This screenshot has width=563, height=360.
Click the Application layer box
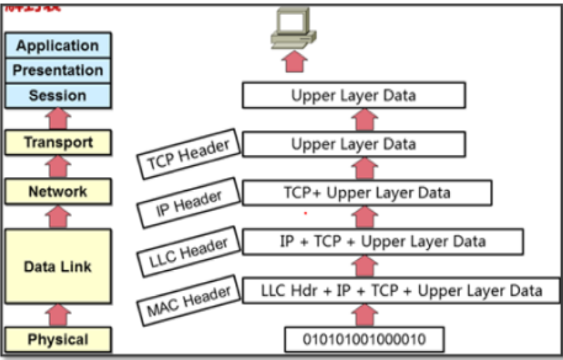pos(58,46)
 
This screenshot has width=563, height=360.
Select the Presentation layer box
pos(58,70)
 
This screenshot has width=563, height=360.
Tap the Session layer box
pos(58,95)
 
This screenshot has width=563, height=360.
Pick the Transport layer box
pos(58,142)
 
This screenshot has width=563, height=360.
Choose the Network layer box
pos(58,191)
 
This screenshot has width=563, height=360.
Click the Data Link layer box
pos(58,266)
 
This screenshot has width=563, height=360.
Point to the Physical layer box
pos(58,339)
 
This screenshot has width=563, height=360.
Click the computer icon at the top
pos(293,28)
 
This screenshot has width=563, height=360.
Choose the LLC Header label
pos(188,251)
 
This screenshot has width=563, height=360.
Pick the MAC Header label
pos(188,300)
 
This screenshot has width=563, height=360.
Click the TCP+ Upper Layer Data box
pos(367,193)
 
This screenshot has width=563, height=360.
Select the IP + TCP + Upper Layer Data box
pos(383,241)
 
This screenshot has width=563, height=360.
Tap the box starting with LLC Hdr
pos(401,290)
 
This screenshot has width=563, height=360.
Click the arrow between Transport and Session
pos(58,119)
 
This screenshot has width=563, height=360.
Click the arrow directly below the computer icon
pos(295,62)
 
